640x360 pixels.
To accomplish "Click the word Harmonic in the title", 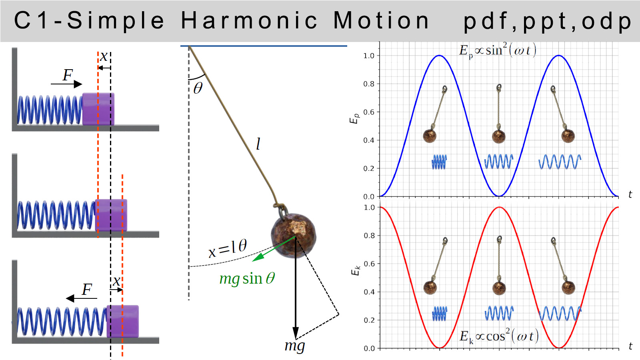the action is [x=249, y=20].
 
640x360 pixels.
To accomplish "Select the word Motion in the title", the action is [x=381, y=20].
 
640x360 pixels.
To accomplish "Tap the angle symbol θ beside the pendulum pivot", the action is [x=198, y=88].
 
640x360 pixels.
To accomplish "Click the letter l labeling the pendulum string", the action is [x=258, y=144].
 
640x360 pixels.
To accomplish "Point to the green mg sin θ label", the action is [x=247, y=278].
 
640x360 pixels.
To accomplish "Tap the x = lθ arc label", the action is [x=228, y=248].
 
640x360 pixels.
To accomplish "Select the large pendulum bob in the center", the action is [x=294, y=235].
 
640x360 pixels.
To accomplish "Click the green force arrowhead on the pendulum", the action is [x=258, y=257].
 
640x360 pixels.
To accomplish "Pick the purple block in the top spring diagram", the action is [x=98, y=109].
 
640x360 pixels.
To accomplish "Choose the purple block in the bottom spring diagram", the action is [x=123, y=322].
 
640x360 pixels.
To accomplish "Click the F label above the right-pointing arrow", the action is [x=68, y=76].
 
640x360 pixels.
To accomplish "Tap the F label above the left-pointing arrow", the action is [x=87, y=290].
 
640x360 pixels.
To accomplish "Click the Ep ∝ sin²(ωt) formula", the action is [x=498, y=51].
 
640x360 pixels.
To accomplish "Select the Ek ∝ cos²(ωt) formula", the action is [x=499, y=336].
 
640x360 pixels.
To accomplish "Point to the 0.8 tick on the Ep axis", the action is [x=368, y=84].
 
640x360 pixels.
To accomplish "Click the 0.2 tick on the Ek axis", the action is [x=369, y=320].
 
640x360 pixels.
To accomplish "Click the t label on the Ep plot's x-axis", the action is [x=630, y=194].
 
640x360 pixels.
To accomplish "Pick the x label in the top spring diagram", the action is [x=104, y=56].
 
